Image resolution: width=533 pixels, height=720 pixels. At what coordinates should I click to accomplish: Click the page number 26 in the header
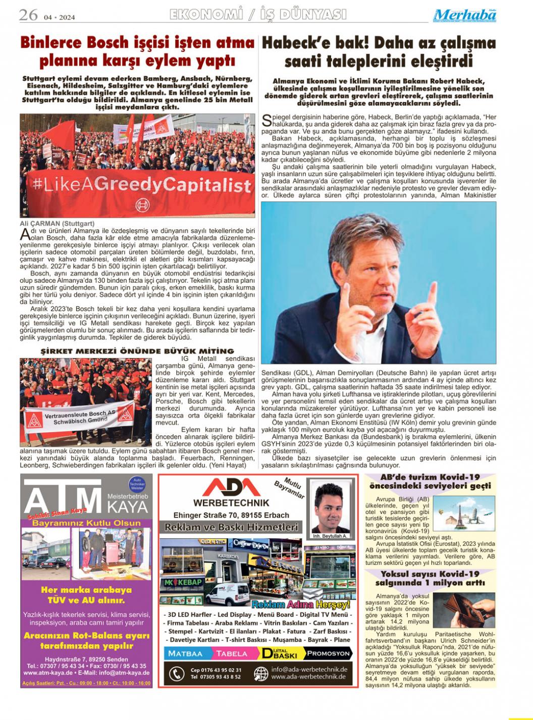pos(28,15)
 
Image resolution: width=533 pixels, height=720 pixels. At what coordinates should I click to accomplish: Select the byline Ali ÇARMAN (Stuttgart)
pos(57,223)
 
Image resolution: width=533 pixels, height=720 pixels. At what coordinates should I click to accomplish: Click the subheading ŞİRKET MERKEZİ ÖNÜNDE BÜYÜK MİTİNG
pos(137,351)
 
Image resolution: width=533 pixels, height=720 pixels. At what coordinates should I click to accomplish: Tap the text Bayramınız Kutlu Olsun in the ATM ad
pos(86,523)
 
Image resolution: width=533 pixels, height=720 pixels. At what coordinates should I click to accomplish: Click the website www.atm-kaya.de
pos(51,673)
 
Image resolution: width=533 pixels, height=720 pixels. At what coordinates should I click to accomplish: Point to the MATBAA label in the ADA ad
pos(185,653)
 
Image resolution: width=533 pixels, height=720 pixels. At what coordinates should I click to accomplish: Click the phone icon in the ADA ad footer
pos(176,674)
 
